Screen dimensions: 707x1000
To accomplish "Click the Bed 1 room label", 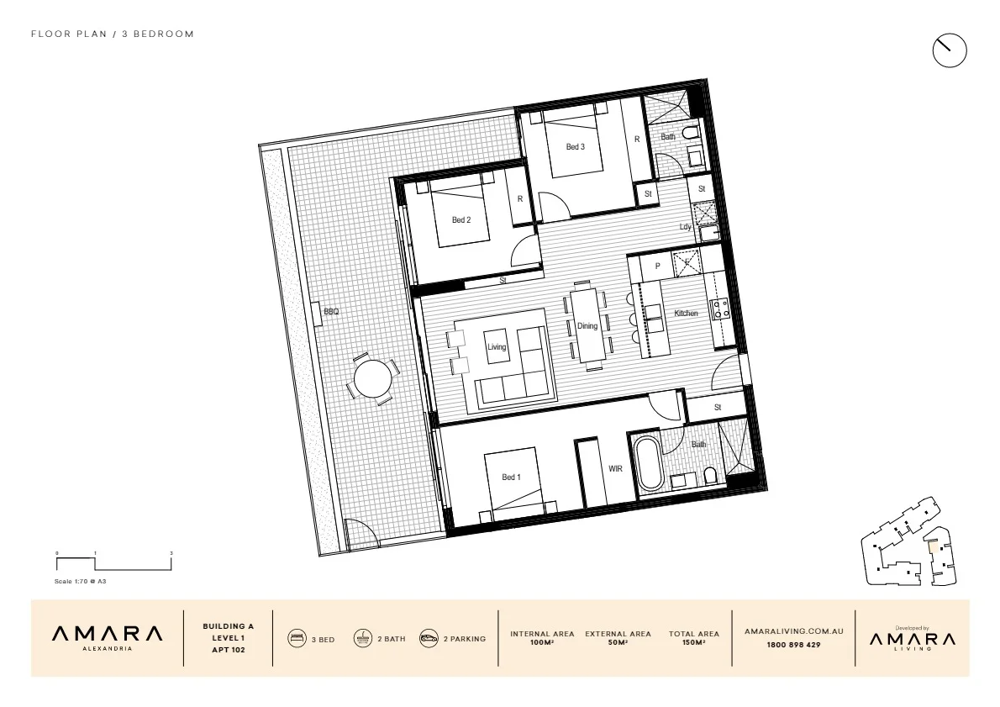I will click(511, 477).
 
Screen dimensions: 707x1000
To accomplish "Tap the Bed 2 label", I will click(461, 220).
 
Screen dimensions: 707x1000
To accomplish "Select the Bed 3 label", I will click(574, 147).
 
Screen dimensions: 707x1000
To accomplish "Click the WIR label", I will click(615, 469).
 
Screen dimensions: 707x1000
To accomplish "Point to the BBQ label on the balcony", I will click(330, 312).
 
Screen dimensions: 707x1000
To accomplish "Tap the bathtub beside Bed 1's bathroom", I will click(650, 463).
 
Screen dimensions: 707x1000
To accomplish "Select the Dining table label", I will click(587, 326).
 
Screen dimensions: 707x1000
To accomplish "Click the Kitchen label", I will click(686, 314).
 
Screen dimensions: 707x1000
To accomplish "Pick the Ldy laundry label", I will click(686, 227).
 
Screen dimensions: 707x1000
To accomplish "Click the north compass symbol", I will click(950, 50).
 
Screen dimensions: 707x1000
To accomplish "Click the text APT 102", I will click(228, 651).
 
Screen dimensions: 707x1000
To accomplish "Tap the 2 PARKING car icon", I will click(429, 639).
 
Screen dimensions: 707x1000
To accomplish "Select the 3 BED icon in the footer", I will click(297, 639).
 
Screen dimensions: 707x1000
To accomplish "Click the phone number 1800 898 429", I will click(793, 645).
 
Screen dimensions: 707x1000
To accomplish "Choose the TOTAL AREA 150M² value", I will click(693, 642).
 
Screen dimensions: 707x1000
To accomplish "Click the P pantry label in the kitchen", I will click(657, 266).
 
